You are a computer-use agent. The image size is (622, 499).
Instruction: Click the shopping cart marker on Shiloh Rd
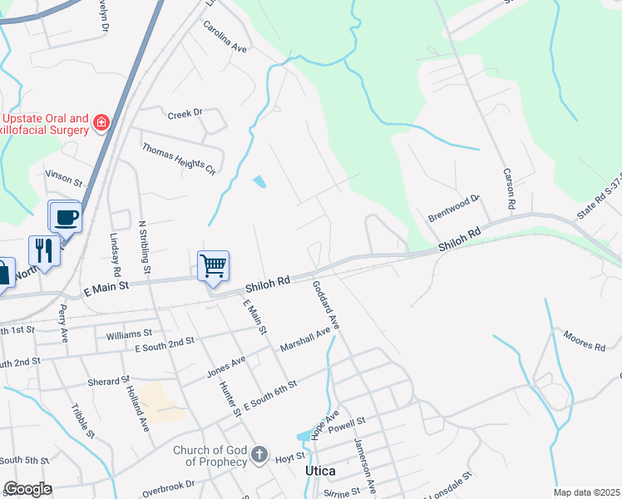click(x=214, y=266)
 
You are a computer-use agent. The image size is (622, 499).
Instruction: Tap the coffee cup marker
click(x=66, y=217)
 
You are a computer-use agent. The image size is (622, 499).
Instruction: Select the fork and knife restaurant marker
click(x=43, y=250)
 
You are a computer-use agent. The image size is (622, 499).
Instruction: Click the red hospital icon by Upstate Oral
click(x=101, y=123)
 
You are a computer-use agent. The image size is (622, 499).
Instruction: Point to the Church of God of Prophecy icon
click(x=259, y=454)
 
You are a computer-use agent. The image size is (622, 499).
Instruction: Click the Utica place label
click(x=320, y=471)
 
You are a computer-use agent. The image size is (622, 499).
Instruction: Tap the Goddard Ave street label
click(x=327, y=304)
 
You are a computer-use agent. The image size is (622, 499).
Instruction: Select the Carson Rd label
click(x=509, y=189)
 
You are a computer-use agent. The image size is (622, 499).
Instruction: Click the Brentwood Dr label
click(x=454, y=205)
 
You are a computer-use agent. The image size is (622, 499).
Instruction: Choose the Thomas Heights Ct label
click(x=178, y=159)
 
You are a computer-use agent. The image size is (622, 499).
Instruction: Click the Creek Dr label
click(x=185, y=113)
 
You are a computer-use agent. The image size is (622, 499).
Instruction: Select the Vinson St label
click(x=64, y=179)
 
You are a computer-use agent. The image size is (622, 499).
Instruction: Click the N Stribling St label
click(x=146, y=247)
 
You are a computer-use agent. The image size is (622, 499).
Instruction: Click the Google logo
click(x=27, y=489)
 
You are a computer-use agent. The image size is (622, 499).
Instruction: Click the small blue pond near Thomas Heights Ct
click(x=260, y=181)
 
